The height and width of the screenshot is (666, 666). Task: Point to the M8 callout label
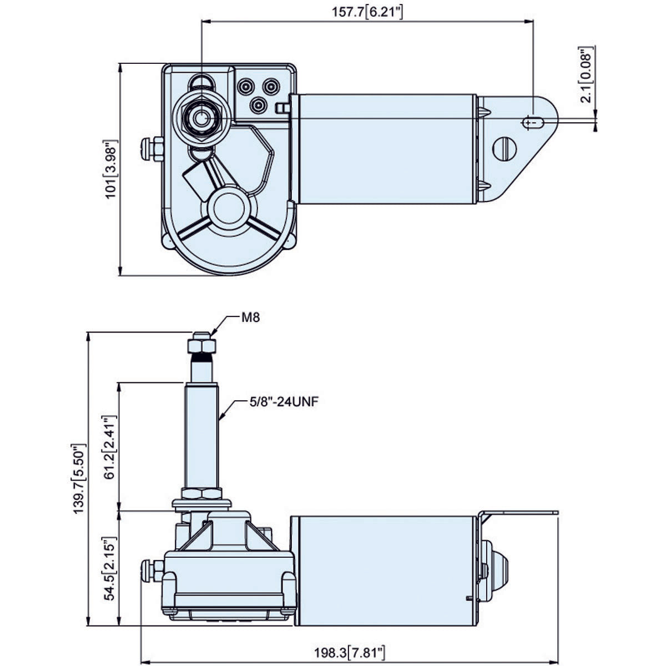(x=250, y=317)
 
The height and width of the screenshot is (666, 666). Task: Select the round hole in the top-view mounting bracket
(x=505, y=148)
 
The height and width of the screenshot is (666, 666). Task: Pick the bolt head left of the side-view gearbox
(x=150, y=571)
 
